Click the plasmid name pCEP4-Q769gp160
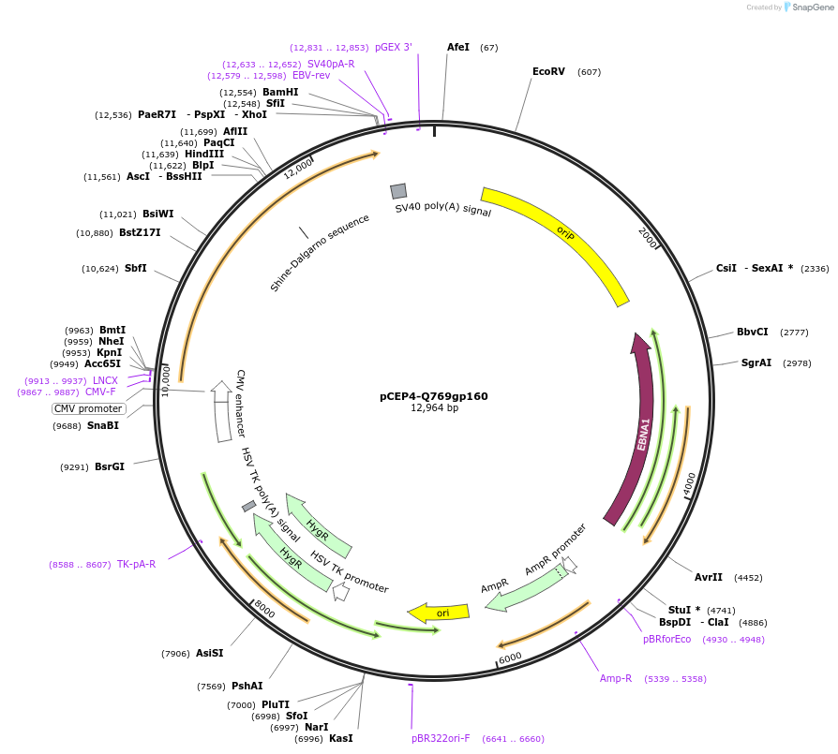coord(433,396)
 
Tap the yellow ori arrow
coord(440,613)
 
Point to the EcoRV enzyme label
coord(548,72)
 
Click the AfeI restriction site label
coord(458,47)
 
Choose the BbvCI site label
coord(752,333)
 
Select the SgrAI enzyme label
coord(756,362)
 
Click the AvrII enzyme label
coord(709,577)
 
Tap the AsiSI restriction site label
coord(209,654)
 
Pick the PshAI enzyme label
coord(247,687)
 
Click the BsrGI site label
coord(110,466)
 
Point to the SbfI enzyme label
coord(135,269)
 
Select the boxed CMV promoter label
coord(88,409)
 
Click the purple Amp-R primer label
coord(616,678)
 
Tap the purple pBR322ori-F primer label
coord(441,739)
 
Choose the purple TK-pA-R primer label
coord(136,565)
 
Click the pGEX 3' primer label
coord(393,47)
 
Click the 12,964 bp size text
coord(434,408)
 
